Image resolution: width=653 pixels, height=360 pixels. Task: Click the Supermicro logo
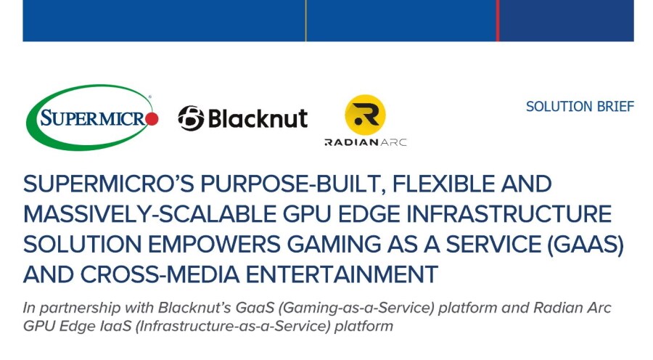(x=92, y=118)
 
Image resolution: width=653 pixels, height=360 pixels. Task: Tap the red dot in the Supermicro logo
(x=152, y=119)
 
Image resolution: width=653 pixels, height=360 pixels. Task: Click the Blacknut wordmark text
(x=258, y=119)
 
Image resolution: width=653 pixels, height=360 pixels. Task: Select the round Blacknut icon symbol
(x=191, y=118)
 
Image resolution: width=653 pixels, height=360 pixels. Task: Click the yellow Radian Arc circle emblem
(x=365, y=115)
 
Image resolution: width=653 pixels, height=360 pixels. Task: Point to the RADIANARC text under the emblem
(x=365, y=142)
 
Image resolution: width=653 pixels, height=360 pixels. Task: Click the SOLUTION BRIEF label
(x=580, y=107)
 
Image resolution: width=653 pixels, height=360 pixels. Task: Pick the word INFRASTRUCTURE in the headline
(x=509, y=214)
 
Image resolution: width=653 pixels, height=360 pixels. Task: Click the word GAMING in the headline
(x=334, y=244)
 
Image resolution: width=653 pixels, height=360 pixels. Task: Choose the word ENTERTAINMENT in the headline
(x=342, y=274)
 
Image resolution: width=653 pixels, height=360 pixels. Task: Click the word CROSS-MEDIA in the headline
(x=160, y=274)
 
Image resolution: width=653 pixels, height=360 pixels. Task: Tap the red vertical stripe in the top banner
(x=497, y=20)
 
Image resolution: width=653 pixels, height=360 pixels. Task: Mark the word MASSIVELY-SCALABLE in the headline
(x=149, y=214)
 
